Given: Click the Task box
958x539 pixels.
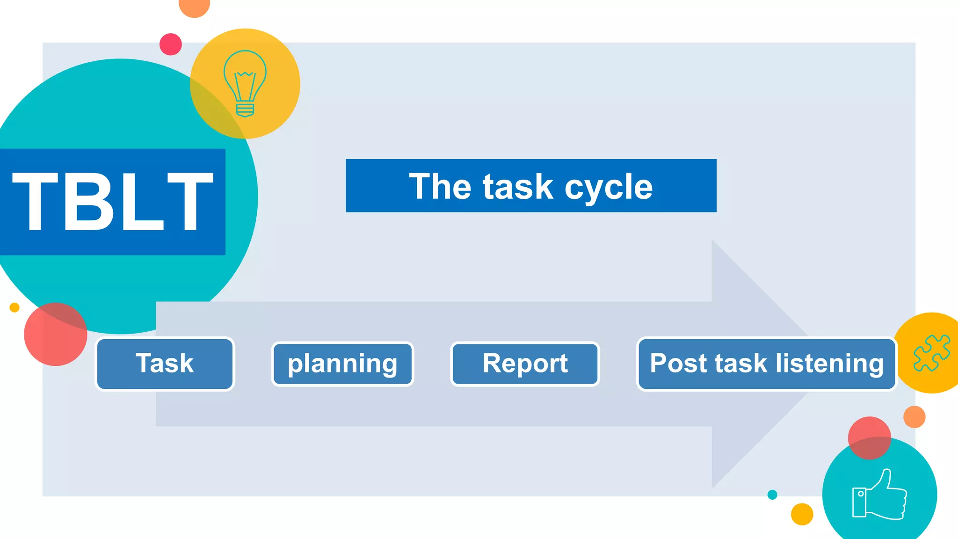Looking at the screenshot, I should point(165,364).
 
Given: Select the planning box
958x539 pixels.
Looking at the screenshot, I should point(342,364).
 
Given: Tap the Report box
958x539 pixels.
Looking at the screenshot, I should point(525,364).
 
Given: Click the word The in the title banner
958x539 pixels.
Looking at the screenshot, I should point(440,186).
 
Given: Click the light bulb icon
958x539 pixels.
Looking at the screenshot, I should point(245,84).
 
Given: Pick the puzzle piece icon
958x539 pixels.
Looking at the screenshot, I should point(932,353).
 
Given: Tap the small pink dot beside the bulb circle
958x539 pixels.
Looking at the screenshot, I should point(171,44).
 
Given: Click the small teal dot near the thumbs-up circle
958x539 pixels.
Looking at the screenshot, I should point(772,495).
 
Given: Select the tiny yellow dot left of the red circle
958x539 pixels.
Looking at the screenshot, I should point(15,307).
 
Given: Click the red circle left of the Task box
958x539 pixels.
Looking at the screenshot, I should point(55,334).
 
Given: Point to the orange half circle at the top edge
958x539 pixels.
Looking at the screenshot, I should point(195,7).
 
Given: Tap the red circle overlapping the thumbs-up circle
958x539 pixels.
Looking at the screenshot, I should point(869,438).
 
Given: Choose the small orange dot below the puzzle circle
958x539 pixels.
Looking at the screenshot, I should point(914,417).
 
